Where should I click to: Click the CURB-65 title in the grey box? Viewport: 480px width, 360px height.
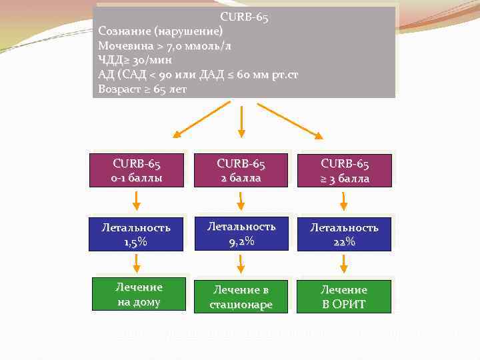[244, 18]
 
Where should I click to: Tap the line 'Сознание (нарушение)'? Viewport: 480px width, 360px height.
[161, 31]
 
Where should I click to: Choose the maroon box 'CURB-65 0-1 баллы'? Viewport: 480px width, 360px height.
[137, 170]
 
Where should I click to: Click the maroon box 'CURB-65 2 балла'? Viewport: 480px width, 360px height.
[241, 170]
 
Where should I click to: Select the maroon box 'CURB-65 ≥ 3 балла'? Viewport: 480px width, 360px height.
[345, 171]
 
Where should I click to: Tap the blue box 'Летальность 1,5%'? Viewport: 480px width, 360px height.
[136, 234]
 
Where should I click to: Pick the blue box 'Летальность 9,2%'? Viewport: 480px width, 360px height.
[241, 233]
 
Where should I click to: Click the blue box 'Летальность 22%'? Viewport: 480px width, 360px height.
[345, 234]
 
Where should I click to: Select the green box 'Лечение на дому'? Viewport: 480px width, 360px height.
[139, 294]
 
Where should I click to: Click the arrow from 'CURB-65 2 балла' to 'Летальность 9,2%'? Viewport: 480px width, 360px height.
[241, 200]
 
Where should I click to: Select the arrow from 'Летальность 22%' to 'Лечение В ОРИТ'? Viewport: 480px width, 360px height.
[344, 263]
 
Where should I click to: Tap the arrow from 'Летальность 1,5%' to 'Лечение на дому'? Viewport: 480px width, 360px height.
[136, 263]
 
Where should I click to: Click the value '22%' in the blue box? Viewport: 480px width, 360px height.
[345, 241]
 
